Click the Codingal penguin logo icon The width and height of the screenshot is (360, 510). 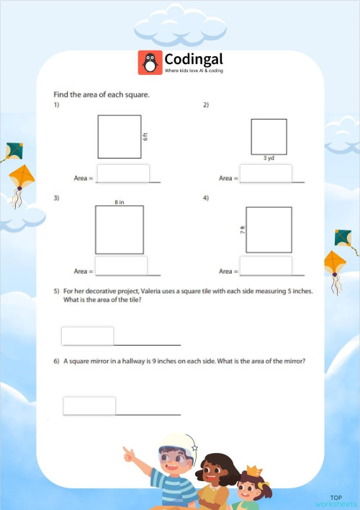tap(150, 63)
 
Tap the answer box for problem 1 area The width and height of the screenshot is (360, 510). tap(122, 174)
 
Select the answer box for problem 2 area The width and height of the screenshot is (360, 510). tap(266, 174)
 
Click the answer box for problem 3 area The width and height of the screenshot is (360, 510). tap(121, 267)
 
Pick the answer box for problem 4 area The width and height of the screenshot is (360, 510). tap(266, 267)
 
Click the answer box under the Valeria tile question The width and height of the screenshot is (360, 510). tap(88, 336)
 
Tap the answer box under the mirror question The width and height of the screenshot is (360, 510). tap(89, 406)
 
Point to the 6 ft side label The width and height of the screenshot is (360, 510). tap(145, 136)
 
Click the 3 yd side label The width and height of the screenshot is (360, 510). tap(268, 158)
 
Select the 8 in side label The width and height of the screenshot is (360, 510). tap(120, 202)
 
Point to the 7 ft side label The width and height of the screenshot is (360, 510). tap(243, 230)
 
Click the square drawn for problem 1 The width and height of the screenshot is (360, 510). tap(120, 137)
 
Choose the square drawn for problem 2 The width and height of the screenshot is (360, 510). tap(269, 137)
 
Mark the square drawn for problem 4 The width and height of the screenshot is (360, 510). tap(269, 230)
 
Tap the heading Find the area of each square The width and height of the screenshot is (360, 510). tap(102, 94)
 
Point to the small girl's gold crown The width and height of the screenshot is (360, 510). tap(253, 471)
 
